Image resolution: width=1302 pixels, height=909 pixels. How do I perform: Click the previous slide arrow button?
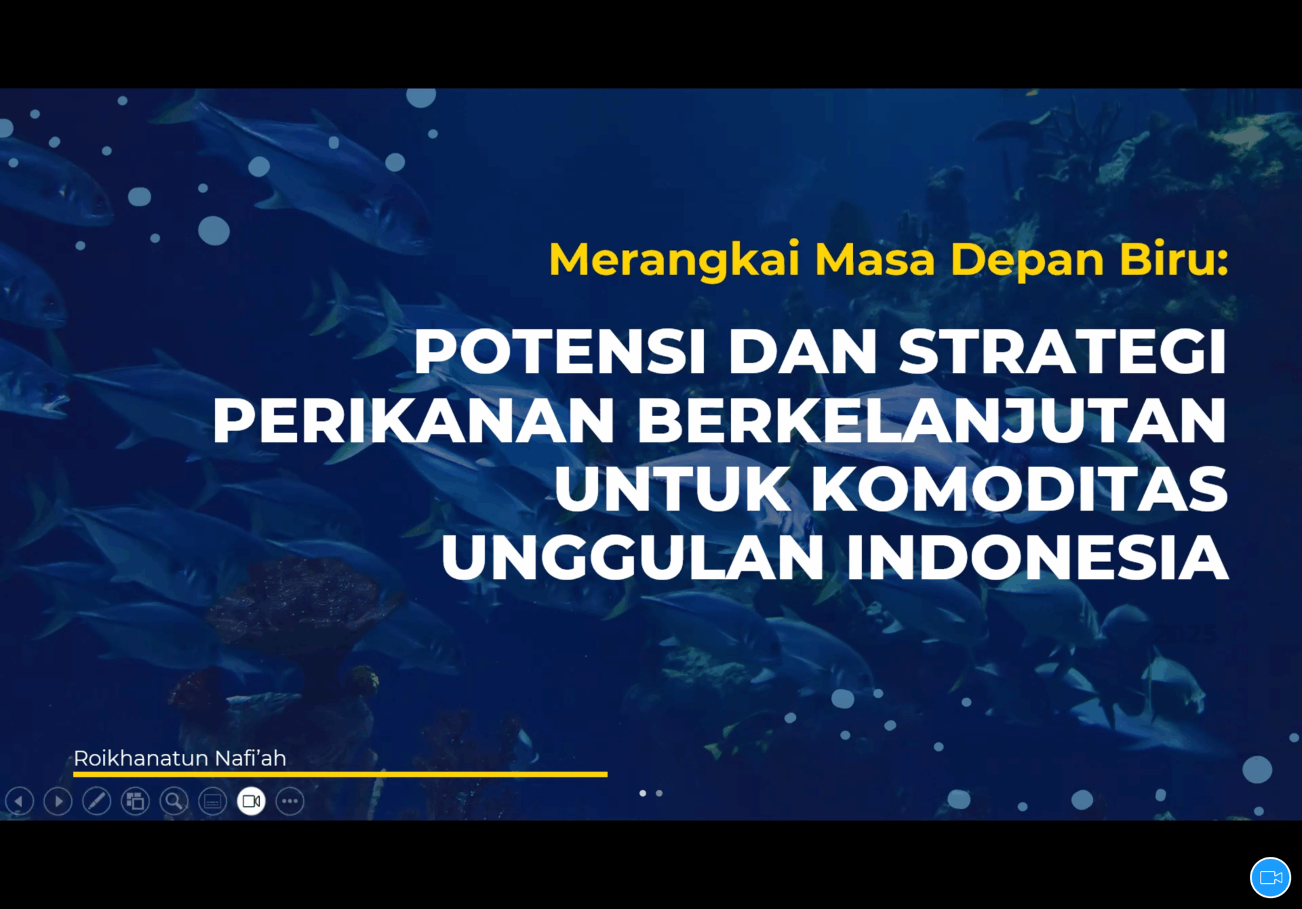[x=19, y=801]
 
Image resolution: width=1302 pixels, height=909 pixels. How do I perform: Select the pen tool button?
[x=96, y=801]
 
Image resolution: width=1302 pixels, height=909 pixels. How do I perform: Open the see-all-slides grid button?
[x=135, y=801]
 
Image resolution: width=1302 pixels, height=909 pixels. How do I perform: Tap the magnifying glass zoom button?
[x=174, y=801]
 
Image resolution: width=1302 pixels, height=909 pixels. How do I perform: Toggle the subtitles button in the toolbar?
[x=212, y=801]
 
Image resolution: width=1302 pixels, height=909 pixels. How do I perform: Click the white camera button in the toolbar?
[x=251, y=801]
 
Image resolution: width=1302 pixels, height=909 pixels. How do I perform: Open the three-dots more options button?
[x=290, y=801]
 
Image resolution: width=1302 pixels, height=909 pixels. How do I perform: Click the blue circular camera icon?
[x=1270, y=878]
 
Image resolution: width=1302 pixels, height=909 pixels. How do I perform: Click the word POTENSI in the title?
[x=560, y=351]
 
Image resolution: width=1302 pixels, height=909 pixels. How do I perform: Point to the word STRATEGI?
[x=1063, y=351]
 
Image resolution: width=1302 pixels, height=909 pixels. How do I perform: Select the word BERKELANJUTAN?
[x=932, y=421]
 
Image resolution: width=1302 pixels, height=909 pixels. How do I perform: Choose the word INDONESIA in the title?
[x=1038, y=557]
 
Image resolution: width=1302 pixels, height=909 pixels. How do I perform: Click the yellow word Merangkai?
[x=675, y=260]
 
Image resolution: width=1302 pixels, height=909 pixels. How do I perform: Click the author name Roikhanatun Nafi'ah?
[x=180, y=758]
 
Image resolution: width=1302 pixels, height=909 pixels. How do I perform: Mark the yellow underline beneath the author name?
[x=340, y=773]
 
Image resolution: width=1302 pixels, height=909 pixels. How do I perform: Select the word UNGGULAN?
[x=632, y=557]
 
